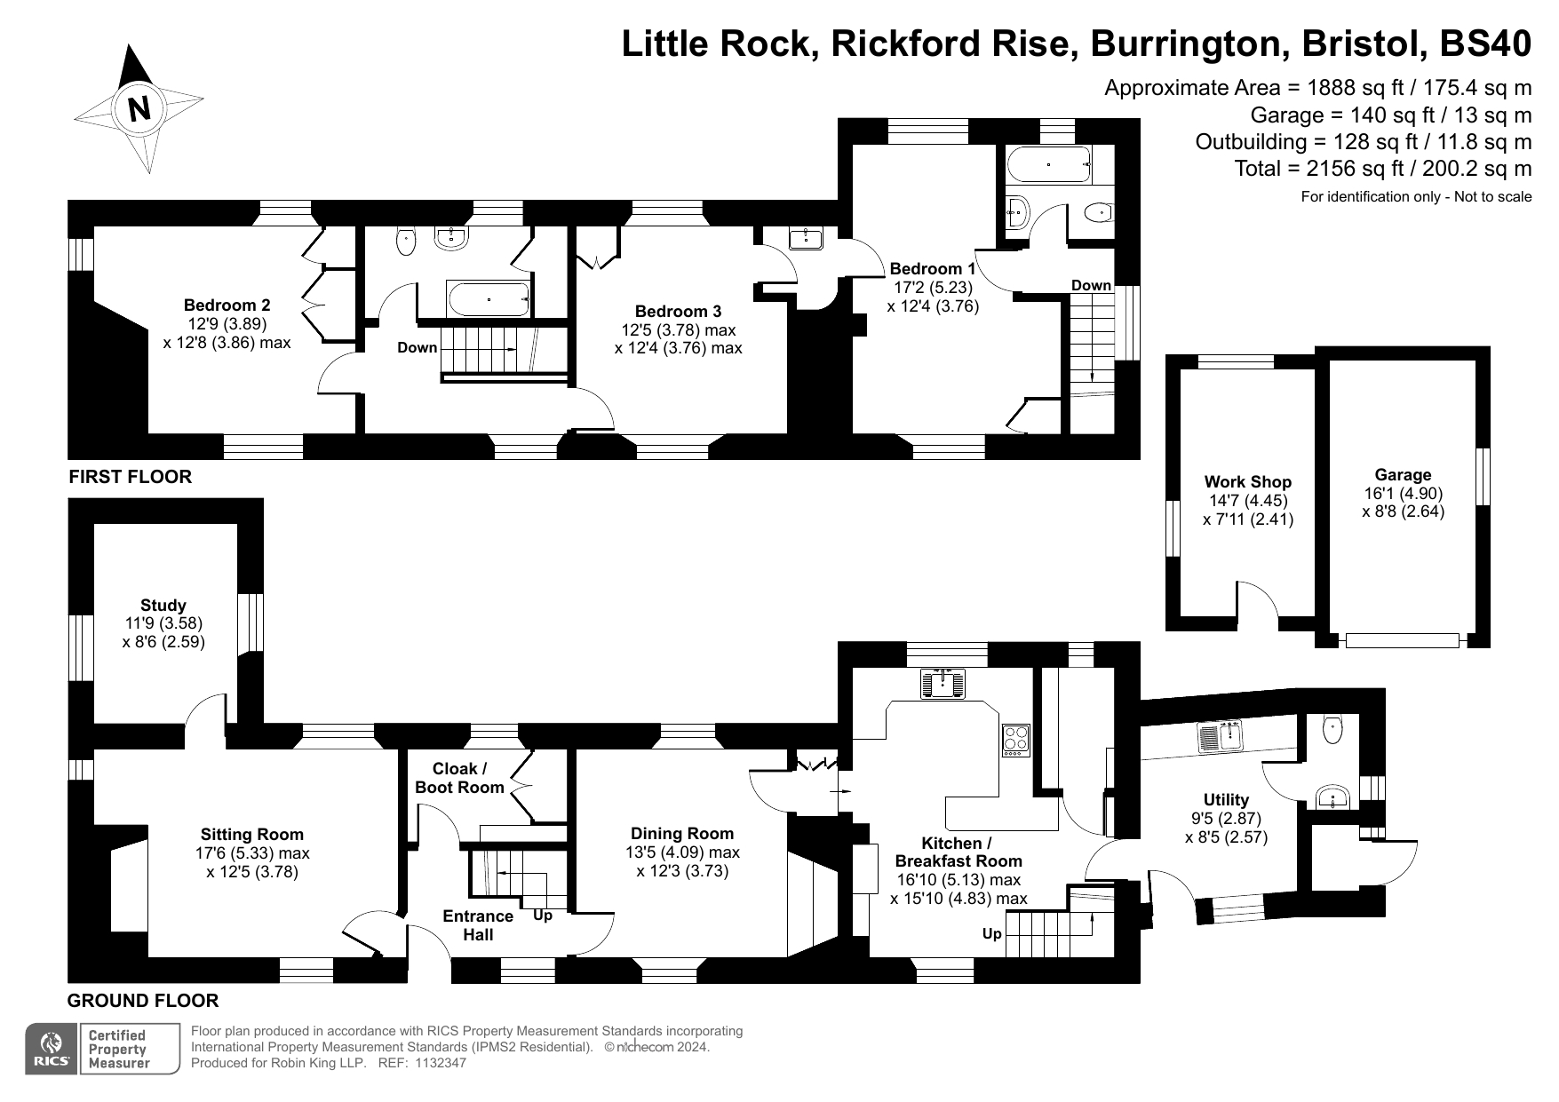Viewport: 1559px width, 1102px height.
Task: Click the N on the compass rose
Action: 139,107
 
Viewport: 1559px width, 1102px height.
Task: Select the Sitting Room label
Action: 252,835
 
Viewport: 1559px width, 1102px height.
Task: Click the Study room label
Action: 163,606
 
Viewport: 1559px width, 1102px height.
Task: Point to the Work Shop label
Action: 1247,482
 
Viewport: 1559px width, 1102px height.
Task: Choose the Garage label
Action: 1403,475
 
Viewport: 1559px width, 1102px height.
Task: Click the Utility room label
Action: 1226,800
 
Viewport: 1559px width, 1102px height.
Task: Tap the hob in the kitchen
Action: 1015,739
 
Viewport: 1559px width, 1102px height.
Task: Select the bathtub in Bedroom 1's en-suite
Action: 1048,165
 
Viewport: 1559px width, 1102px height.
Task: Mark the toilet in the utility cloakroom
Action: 1332,730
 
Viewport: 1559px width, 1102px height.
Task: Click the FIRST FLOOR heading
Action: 131,477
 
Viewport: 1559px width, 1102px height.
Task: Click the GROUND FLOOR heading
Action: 143,1001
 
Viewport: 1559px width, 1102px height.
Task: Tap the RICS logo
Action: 51,1049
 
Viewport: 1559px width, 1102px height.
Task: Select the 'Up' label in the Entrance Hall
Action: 542,916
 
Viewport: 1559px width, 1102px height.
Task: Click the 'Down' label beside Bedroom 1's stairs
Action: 1091,285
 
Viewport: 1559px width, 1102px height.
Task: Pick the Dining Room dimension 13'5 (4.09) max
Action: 682,852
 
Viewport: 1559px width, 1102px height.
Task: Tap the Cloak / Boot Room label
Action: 459,778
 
